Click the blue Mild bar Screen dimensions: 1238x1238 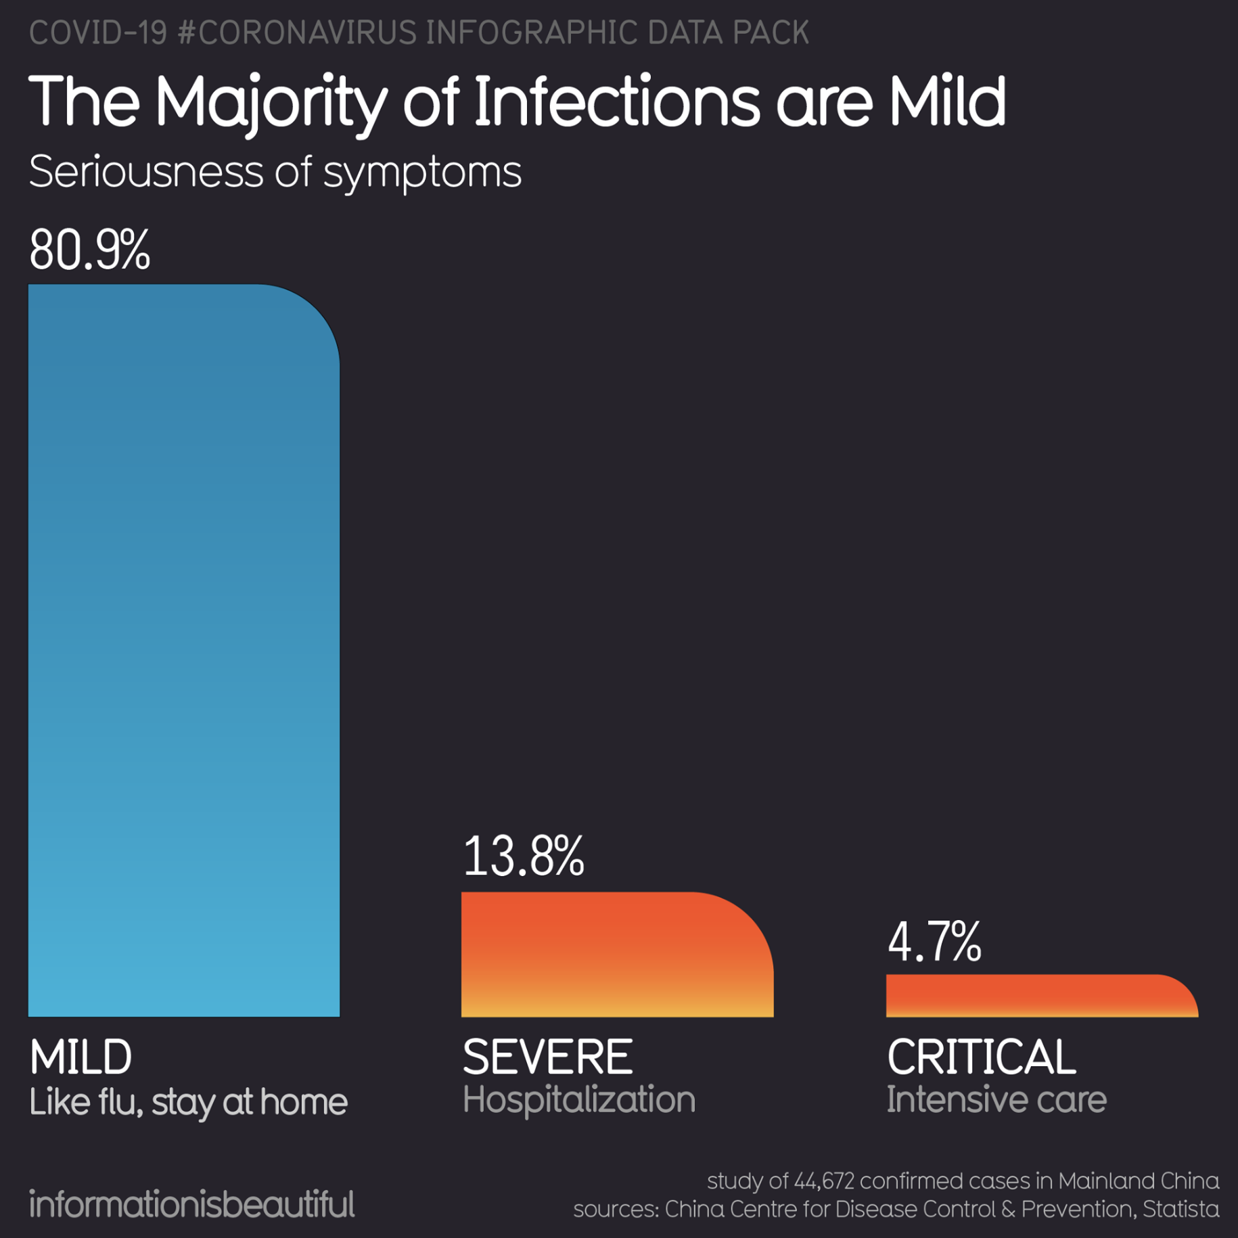pyautogui.click(x=183, y=649)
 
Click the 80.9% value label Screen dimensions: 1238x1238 pyautogui.click(x=89, y=250)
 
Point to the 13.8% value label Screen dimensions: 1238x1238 pyautogui.click(x=523, y=856)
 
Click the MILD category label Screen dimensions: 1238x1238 pyautogui.click(x=81, y=1057)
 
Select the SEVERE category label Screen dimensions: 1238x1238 pyautogui.click(x=547, y=1057)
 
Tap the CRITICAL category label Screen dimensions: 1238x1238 pyautogui.click(x=980, y=1057)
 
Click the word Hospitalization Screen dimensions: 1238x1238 pyautogui.click(x=578, y=1100)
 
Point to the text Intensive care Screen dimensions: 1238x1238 pyautogui.click(x=996, y=1100)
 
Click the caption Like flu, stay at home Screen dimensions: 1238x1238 pyautogui.click(x=188, y=1103)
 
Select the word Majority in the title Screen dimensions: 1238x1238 pyautogui.click(x=271, y=103)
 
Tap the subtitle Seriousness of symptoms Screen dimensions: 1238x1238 pyautogui.click(x=275, y=172)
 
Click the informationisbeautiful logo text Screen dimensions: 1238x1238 pyautogui.click(x=191, y=1204)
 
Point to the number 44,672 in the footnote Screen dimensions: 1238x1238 pyautogui.click(x=823, y=1181)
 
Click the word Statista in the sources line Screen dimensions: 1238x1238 pyautogui.click(x=1180, y=1209)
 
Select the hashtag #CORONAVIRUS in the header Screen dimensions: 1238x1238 pyautogui.click(x=297, y=32)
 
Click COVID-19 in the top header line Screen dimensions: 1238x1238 pyautogui.click(x=98, y=32)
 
